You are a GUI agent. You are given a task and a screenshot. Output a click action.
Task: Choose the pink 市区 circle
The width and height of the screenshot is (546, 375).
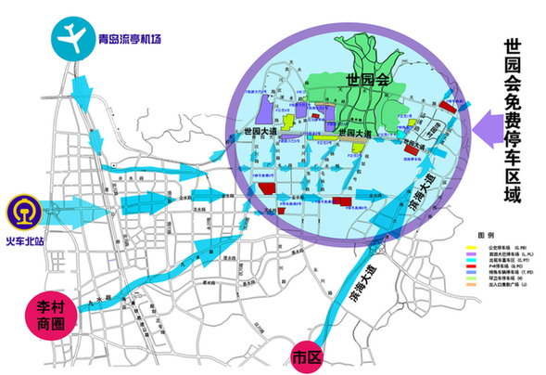pyautogui.click(x=304, y=356)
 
